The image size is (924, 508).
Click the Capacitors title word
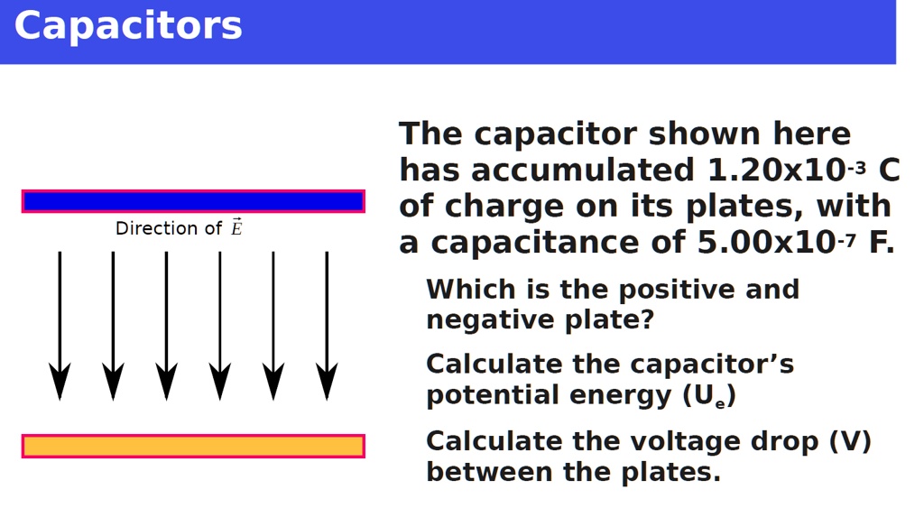[128, 26]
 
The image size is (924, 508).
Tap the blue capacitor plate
[193, 201]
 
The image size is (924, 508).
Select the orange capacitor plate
[193, 446]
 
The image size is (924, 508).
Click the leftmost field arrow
[60, 325]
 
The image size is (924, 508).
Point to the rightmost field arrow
[327, 325]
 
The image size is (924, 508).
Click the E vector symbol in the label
[236, 227]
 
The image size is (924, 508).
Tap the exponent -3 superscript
[857, 167]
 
